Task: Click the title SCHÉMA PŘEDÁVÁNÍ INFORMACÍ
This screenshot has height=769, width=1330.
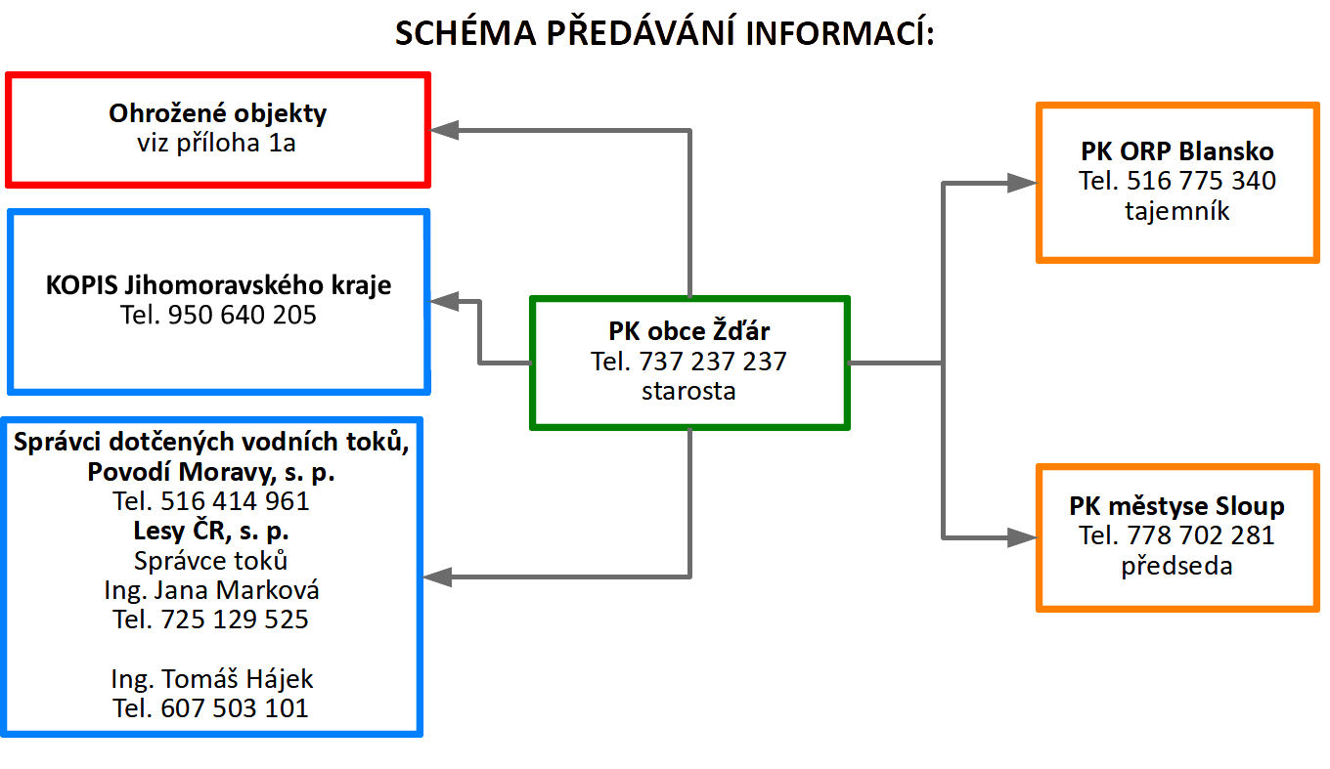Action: [664, 34]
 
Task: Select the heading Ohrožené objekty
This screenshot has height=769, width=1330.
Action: [217, 113]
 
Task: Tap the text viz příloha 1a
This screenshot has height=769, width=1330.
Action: [217, 143]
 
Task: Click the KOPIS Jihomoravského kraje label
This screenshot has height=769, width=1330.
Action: [218, 285]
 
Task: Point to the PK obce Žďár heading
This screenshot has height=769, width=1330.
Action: [689, 331]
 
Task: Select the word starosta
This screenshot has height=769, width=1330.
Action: [689, 391]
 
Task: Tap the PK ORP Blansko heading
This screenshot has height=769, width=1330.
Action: [1177, 151]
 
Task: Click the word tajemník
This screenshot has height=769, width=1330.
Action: [1177, 210]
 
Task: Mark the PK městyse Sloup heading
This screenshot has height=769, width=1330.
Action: [1176, 506]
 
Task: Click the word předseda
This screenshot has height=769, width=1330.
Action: [1176, 565]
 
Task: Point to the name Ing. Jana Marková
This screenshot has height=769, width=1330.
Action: [211, 590]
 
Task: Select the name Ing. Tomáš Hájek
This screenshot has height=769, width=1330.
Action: [211, 678]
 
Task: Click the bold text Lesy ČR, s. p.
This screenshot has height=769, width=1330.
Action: [211, 532]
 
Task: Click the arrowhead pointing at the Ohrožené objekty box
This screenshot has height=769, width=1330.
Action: [445, 129]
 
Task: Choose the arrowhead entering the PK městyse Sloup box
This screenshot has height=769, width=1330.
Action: [1023, 536]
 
